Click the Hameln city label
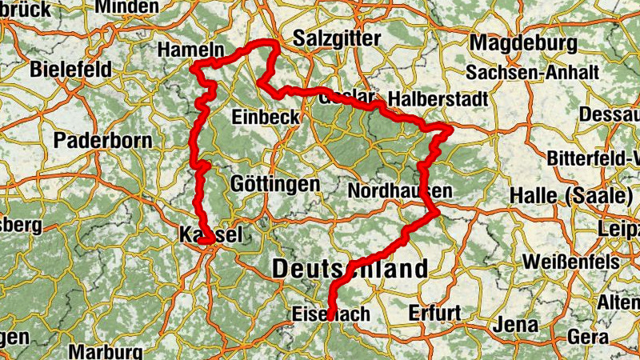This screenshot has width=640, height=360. point(190,50)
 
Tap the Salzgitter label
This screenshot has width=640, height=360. point(332,38)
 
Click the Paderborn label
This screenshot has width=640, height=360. point(103,141)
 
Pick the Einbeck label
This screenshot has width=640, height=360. point(266,117)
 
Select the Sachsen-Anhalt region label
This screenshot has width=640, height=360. point(533,73)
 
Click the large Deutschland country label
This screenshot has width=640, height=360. point(350,270)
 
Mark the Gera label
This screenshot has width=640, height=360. point(590,337)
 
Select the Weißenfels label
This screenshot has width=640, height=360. point(570,262)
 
